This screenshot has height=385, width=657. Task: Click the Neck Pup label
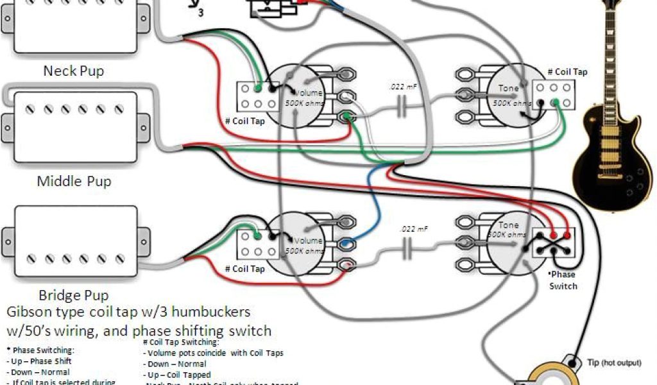coord(73,71)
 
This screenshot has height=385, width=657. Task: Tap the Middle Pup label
coord(74,181)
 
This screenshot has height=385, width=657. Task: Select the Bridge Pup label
coord(74,296)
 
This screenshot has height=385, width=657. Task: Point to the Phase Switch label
coord(563,281)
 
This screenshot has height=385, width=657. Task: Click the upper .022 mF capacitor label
coord(400,86)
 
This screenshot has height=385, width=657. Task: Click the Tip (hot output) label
coord(613,363)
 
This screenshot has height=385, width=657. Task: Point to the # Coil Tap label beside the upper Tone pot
coord(567,73)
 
